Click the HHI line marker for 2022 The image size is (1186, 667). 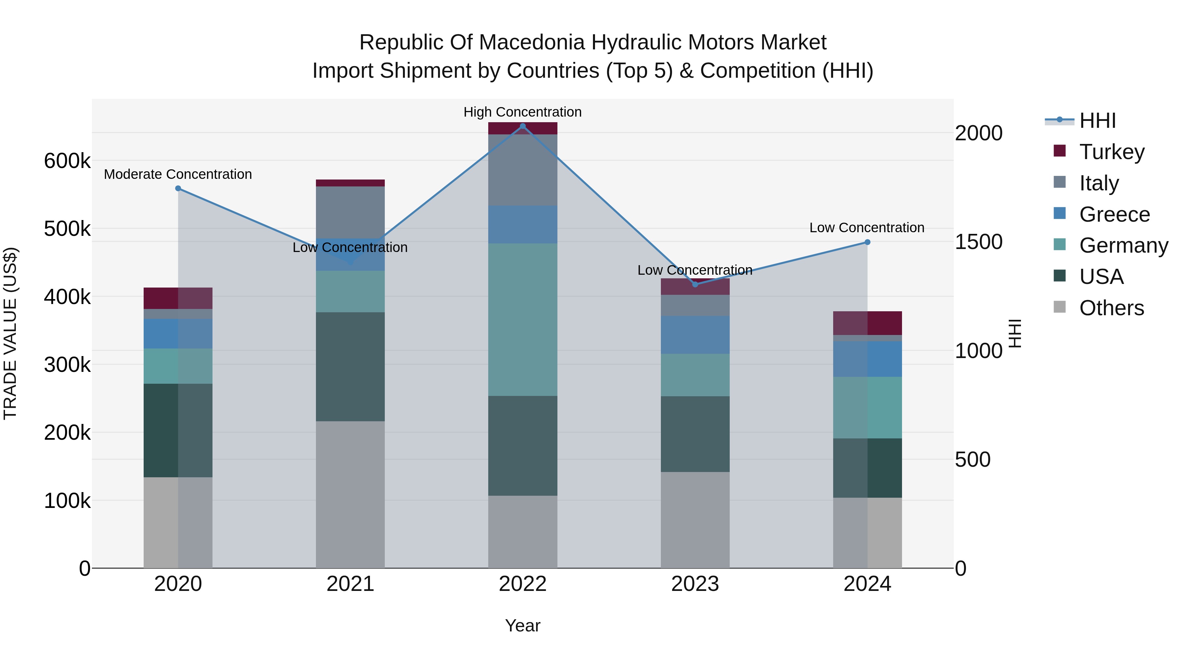point(522,126)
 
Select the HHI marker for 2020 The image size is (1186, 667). point(178,188)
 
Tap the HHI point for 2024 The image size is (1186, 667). point(867,242)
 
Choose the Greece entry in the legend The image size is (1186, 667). point(1114,214)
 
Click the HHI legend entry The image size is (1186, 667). point(1097,121)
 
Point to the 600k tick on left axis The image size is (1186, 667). point(67,161)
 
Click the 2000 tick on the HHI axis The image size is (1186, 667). point(978,133)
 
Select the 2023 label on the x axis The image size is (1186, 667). point(695,584)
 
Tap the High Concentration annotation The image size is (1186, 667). point(522,112)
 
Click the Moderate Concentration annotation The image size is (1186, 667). point(178,175)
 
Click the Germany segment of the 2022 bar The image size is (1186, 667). point(522,320)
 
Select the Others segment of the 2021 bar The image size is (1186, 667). point(351,494)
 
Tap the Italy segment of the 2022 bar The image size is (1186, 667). point(522,170)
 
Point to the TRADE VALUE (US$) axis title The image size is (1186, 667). point(10,333)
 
